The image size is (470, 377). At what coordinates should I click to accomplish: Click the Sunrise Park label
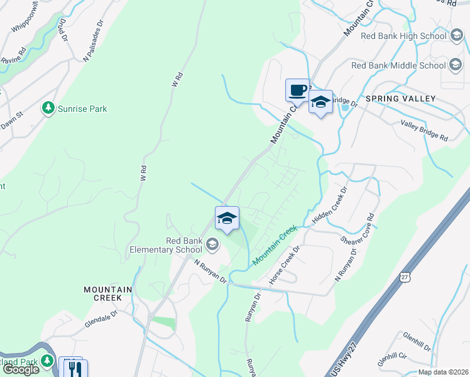tap(82, 109)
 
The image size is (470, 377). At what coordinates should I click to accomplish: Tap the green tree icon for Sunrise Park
tap(48, 109)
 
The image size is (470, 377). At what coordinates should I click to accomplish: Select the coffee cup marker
tap(297, 89)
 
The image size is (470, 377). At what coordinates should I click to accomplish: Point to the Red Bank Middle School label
tap(398, 65)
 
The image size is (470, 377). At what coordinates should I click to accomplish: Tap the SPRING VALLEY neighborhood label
tap(400, 99)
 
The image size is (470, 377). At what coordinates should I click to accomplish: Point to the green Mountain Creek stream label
tap(274, 246)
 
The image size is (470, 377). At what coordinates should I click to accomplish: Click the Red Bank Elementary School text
tap(166, 245)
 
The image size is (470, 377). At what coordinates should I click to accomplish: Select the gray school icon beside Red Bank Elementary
tap(212, 245)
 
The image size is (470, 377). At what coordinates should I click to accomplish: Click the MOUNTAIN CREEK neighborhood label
tap(108, 293)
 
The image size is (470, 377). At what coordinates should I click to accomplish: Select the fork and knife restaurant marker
tap(74, 368)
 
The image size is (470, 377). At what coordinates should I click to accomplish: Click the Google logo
tap(21, 369)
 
